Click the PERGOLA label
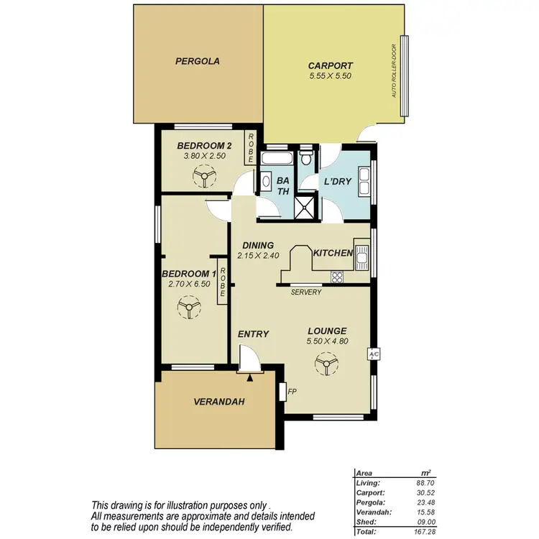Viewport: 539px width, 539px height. (198, 62)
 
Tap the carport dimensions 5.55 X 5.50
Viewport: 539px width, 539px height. (330, 75)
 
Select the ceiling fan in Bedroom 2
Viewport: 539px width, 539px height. (204, 175)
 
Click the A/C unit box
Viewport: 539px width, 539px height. (373, 354)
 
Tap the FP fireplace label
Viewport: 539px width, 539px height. (292, 392)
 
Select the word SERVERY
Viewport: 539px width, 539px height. (306, 292)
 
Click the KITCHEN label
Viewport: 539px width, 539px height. (332, 253)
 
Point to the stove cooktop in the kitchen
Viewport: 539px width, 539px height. (337, 277)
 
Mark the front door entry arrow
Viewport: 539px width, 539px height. (249, 375)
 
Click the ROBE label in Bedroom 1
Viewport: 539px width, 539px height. (224, 283)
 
